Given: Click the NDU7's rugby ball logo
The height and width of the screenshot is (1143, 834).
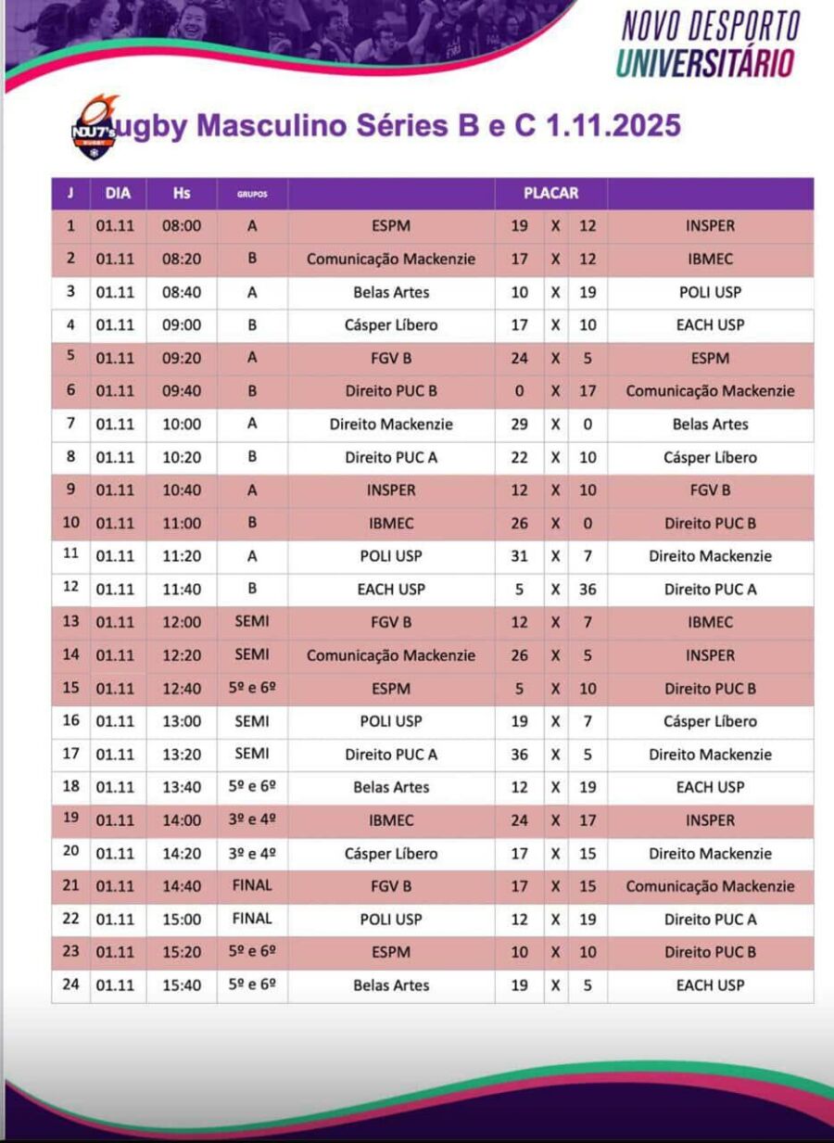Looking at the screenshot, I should [x=95, y=128].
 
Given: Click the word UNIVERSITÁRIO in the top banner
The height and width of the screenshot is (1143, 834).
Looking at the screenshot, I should [x=706, y=63].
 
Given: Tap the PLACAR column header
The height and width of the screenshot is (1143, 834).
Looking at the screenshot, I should [x=550, y=194].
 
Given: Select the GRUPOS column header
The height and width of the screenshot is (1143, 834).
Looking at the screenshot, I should [x=252, y=195].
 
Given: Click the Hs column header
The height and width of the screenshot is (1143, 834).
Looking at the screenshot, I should [x=182, y=194].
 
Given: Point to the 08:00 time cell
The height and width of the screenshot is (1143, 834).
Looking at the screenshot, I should [x=182, y=226].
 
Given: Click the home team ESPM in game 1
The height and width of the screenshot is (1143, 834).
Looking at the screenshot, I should [x=391, y=226].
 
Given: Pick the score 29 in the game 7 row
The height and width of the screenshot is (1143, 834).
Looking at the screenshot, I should [x=520, y=425].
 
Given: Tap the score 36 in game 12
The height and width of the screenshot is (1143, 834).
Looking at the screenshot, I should [x=588, y=590].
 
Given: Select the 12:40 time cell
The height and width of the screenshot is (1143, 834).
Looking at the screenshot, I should [x=182, y=689].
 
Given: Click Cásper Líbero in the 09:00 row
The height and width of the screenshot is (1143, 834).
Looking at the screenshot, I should [x=391, y=325].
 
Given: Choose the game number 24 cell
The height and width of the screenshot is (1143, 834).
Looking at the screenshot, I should [x=70, y=984].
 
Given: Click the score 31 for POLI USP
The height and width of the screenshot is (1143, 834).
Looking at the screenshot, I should [x=520, y=556].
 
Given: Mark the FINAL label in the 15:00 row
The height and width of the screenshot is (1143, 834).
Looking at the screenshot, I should [x=252, y=919].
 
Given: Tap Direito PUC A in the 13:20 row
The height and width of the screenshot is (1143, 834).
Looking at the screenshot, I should [x=391, y=755].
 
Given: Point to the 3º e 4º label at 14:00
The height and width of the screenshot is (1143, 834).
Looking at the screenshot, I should [x=252, y=820].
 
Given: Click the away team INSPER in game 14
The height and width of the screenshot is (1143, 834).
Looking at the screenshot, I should [x=710, y=655].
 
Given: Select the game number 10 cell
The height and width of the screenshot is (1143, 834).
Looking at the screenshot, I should [x=70, y=523].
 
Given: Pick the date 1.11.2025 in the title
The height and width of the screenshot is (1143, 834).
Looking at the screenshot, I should [x=614, y=125].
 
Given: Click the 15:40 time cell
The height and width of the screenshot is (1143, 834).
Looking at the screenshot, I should [x=182, y=985].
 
